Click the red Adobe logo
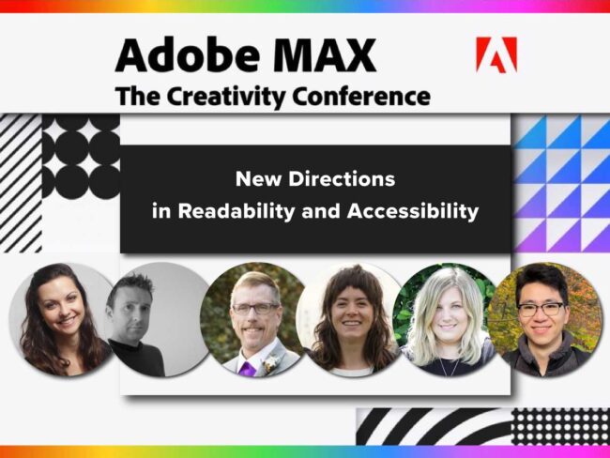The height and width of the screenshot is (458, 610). tap(496, 55)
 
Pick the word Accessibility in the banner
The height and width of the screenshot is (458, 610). tap(413, 211)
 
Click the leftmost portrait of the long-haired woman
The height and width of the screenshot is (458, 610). tap(58, 319)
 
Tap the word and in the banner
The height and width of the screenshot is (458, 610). tap(324, 211)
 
